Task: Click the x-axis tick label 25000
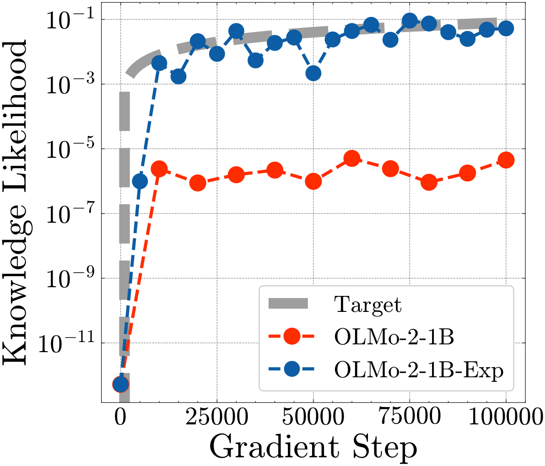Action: (216, 417)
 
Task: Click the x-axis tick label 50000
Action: (313, 417)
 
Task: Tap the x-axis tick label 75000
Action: (410, 417)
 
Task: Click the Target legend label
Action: (368, 305)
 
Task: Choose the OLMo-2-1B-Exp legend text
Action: (419, 370)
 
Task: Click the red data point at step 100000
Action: (506, 160)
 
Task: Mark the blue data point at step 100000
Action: (506, 28)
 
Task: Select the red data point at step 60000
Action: (351, 159)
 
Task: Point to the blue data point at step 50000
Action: (313, 73)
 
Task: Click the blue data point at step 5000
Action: (140, 182)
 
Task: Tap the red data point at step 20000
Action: (197, 183)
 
